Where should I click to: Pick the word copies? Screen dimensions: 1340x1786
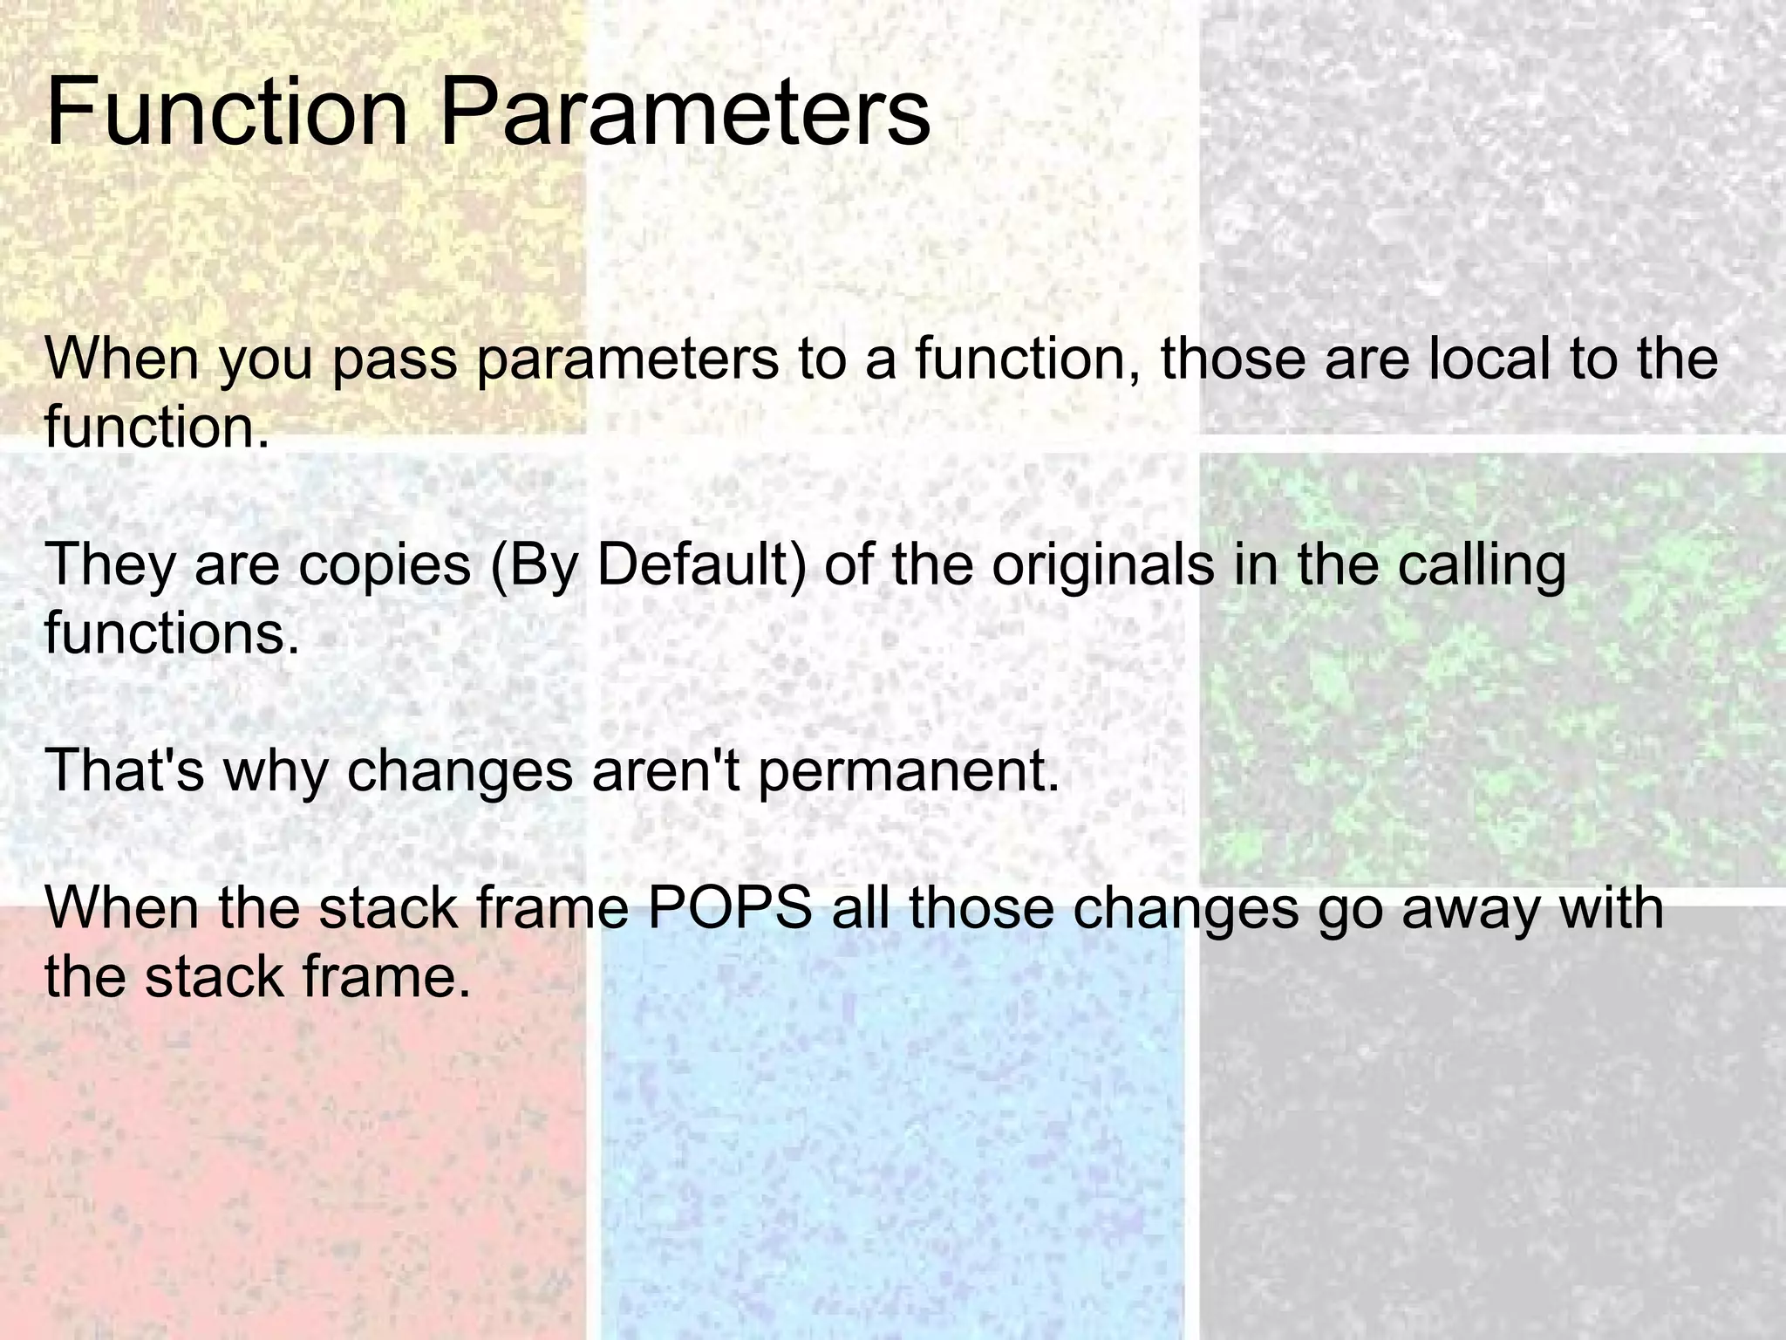(385, 565)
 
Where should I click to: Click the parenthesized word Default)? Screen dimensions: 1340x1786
(701, 565)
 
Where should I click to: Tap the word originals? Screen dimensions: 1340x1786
(1102, 565)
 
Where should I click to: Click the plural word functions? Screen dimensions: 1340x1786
(171, 633)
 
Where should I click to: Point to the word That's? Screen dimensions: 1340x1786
(124, 771)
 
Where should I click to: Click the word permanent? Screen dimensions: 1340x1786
(908, 771)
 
